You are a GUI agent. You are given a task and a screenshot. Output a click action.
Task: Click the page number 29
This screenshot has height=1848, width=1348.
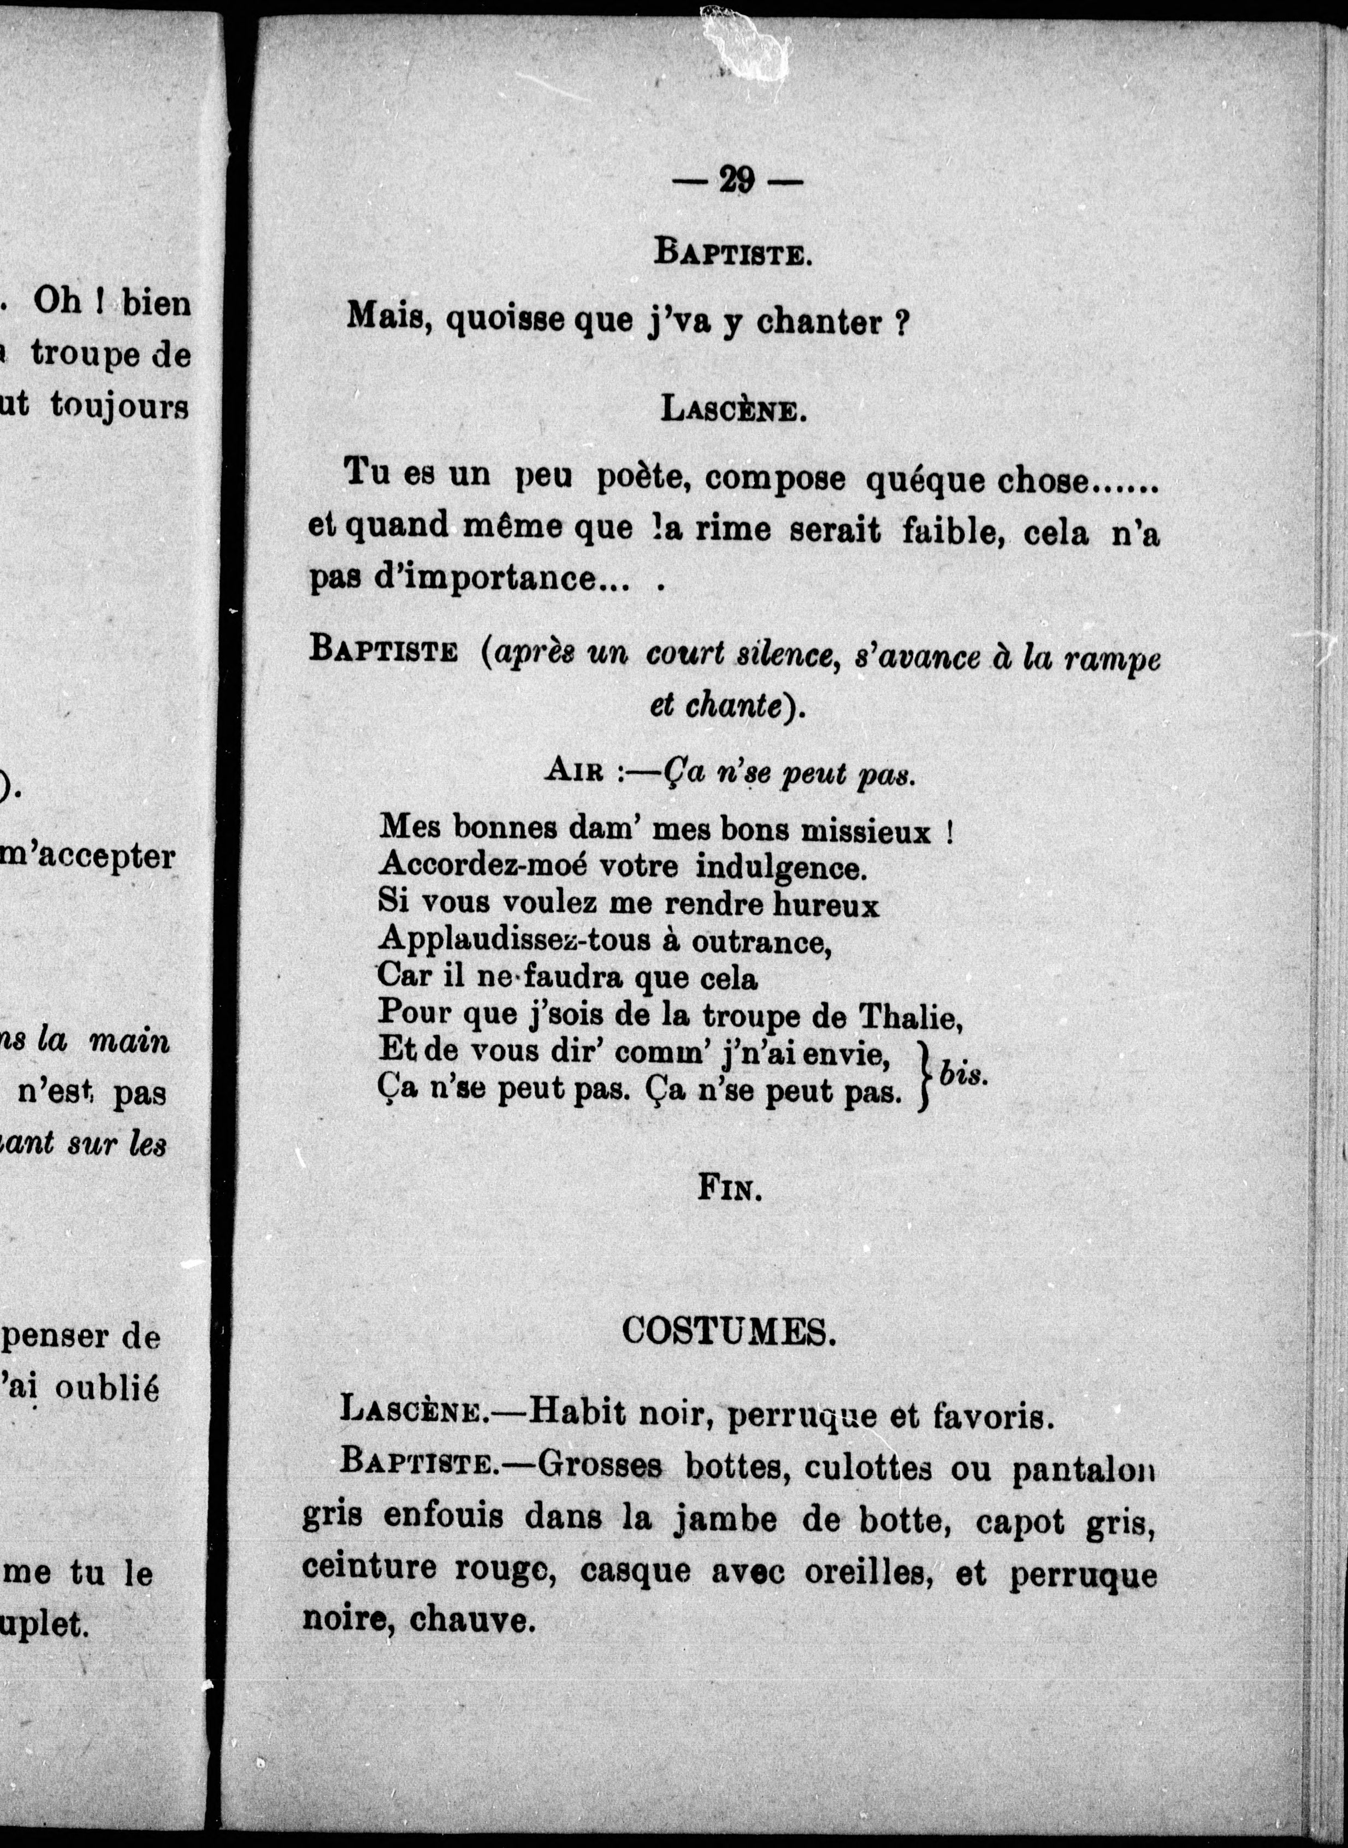click(736, 180)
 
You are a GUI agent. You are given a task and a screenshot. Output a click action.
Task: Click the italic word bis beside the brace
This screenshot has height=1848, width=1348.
click(963, 1075)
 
